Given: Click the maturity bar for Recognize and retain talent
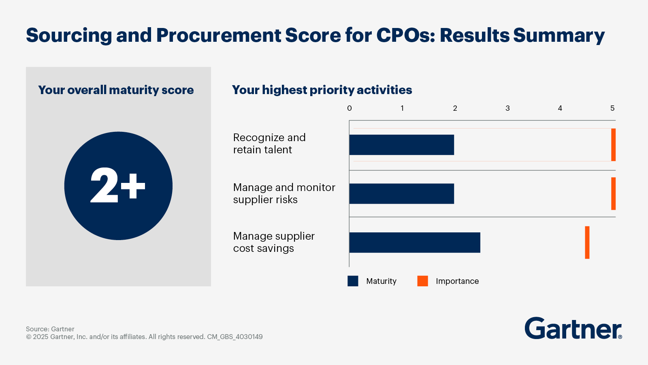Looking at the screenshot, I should click(x=401, y=145).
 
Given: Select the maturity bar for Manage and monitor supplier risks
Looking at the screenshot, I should click(x=401, y=193).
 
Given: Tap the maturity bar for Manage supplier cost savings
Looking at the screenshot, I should click(x=414, y=243).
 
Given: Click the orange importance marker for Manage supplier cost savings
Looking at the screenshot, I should click(x=587, y=243).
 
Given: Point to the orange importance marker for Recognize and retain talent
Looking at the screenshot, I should click(x=613, y=145).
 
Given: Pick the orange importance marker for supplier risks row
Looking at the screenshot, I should click(x=613, y=193).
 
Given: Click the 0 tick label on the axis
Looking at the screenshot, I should click(x=350, y=108).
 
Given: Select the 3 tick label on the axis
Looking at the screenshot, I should click(x=507, y=108).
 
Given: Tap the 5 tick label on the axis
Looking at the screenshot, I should click(x=612, y=108).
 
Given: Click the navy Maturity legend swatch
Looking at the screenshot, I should click(x=353, y=281).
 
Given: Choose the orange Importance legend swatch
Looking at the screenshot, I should click(x=422, y=281).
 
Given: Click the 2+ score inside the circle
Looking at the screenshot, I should click(x=118, y=186).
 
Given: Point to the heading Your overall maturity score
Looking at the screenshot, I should click(x=116, y=90).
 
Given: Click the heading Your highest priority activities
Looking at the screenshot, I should click(x=322, y=90).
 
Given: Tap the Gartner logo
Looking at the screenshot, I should click(x=573, y=328).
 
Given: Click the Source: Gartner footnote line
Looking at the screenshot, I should click(x=50, y=329).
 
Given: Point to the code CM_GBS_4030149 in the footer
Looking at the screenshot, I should click(x=235, y=337).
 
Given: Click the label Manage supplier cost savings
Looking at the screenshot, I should click(x=274, y=242).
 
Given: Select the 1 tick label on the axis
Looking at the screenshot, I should click(x=402, y=108).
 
